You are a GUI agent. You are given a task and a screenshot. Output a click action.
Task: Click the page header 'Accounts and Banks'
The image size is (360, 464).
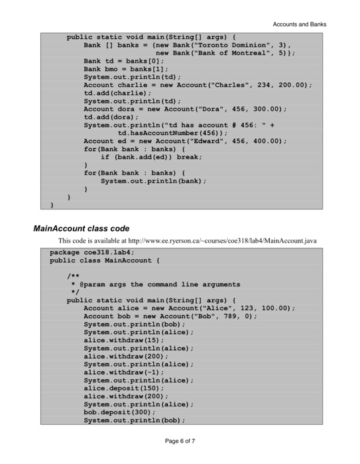tap(299, 25)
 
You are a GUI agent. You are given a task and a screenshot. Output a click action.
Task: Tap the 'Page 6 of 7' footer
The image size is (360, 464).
tap(180, 441)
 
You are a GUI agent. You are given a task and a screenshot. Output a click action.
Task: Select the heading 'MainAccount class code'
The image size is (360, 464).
tap(82, 228)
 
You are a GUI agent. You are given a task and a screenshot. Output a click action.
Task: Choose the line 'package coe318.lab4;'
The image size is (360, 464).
tap(92, 253)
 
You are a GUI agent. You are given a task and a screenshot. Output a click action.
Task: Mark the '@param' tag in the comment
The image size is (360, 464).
tap(95, 284)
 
